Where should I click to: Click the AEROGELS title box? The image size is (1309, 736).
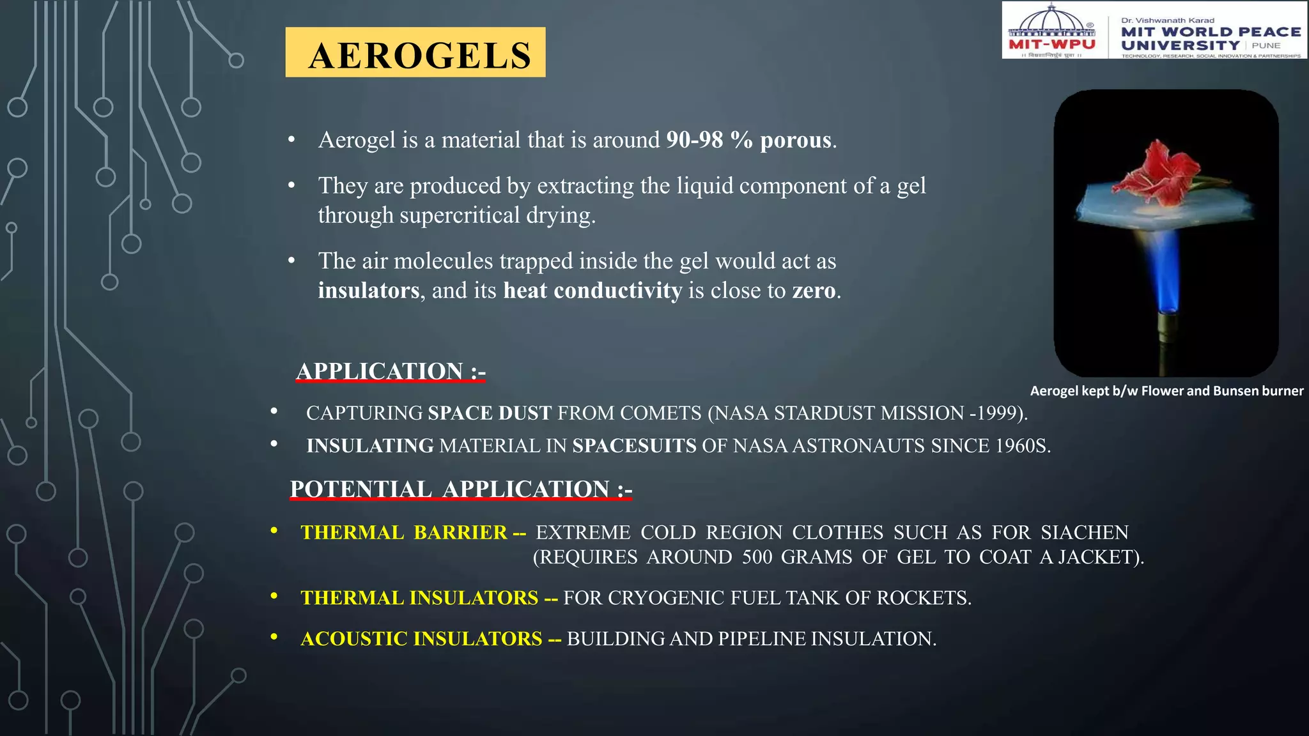415,52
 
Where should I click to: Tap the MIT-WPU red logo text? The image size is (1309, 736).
1051,44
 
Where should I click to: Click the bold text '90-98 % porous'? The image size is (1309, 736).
748,140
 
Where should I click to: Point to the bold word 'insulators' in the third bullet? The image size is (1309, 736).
369,291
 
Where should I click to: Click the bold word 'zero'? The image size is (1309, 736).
814,291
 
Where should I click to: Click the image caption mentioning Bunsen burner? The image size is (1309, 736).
1166,391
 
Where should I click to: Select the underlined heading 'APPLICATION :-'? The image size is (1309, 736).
391,371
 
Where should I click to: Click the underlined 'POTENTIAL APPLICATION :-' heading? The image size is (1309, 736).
460,489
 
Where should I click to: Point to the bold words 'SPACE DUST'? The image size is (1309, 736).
490,413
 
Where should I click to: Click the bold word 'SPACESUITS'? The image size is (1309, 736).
634,446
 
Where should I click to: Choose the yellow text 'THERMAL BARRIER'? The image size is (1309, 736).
404,533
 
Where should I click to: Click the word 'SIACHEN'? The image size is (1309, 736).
1084,533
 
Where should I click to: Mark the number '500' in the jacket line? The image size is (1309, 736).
757,557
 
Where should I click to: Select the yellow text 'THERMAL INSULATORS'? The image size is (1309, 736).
419,598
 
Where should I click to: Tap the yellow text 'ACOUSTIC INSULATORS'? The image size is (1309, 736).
421,639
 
